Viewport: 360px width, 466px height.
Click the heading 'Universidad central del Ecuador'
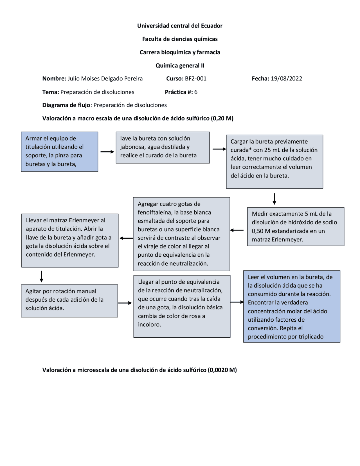180,26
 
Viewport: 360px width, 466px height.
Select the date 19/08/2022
286,79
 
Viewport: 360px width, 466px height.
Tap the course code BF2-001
195,79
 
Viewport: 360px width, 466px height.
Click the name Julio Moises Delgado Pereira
105,79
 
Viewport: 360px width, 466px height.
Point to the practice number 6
196,92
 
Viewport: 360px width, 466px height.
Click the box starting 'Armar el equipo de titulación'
59,152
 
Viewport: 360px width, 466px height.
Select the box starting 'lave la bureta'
163,147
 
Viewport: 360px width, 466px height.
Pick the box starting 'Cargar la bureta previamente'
274,162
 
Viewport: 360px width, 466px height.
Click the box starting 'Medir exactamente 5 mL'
296,227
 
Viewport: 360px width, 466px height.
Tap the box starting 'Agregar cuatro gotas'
181,234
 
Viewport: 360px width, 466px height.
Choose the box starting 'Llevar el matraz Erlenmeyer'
70,240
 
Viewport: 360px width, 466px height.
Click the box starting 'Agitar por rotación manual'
69,301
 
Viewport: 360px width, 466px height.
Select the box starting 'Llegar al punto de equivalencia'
182,306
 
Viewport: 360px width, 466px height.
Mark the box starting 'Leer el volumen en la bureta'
292,306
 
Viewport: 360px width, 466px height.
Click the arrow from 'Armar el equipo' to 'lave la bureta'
107,152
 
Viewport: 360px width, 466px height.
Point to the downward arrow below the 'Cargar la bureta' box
274,199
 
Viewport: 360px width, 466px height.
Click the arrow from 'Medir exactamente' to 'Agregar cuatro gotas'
237,230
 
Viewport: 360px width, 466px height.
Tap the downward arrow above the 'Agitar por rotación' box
41,276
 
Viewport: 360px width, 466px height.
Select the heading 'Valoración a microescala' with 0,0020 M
139,370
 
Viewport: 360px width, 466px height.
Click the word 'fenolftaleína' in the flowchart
153,212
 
